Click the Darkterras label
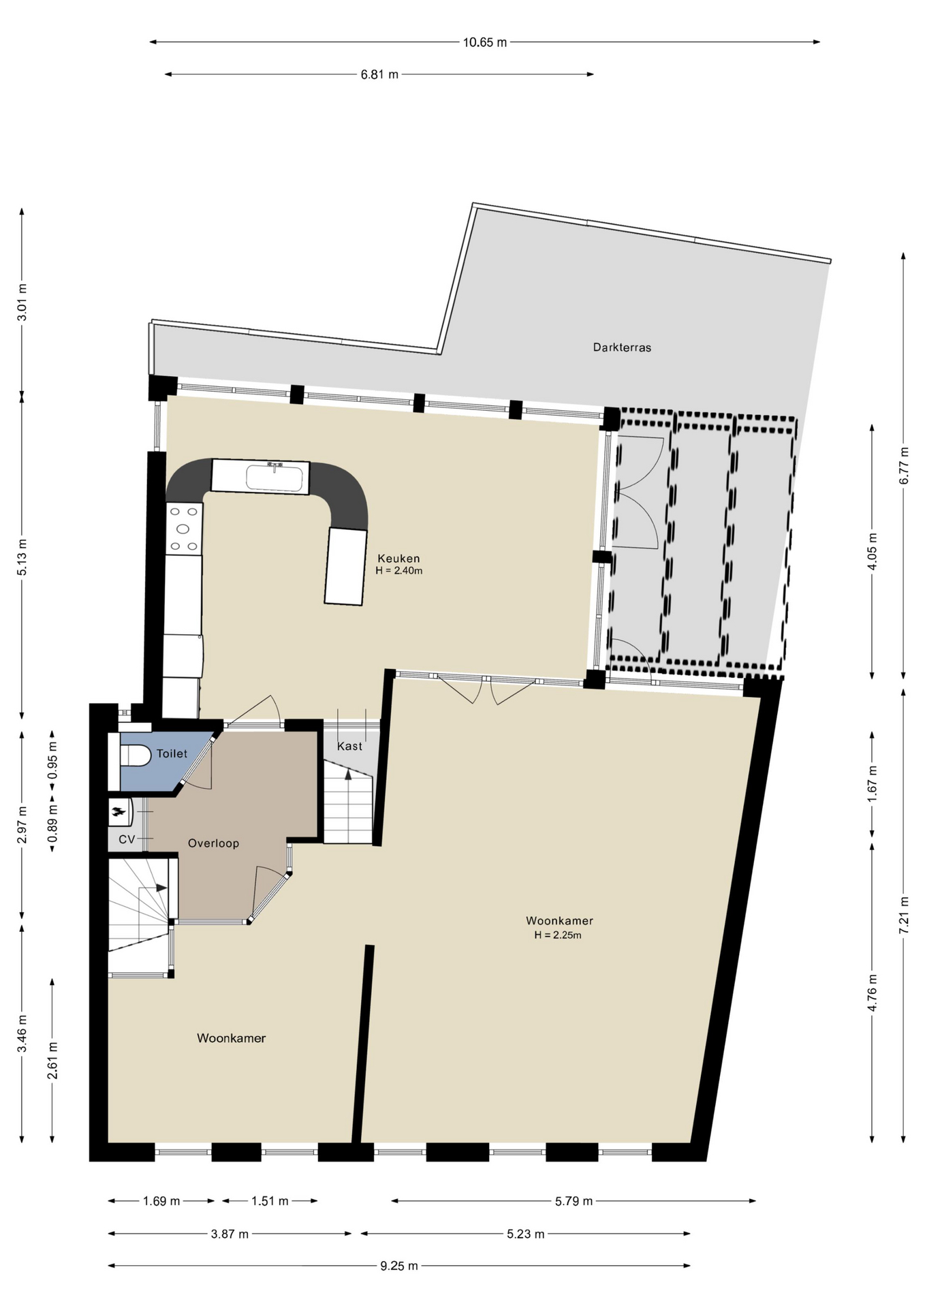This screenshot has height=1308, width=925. tap(622, 347)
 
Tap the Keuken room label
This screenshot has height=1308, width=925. tap(398, 559)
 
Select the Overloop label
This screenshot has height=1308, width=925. tap(213, 843)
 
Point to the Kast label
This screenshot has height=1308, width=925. tap(349, 747)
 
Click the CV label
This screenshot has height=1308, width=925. tap(127, 840)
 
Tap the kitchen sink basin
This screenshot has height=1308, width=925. tap(274, 478)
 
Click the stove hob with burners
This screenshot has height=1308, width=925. tap(184, 529)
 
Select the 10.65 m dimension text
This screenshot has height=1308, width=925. tap(485, 42)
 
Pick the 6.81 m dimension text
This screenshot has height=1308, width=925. tap(379, 75)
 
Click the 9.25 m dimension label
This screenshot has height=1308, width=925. tap(399, 1266)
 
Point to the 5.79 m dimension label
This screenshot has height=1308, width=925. tap(574, 1201)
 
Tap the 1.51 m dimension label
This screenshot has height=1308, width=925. tap(270, 1201)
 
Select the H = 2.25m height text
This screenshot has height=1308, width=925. tap(558, 935)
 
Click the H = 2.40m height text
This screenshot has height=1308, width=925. tap(399, 571)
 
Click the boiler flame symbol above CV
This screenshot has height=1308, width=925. tap(119, 811)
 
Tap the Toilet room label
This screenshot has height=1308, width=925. tap(172, 753)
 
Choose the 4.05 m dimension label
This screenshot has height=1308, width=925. tap(873, 552)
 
